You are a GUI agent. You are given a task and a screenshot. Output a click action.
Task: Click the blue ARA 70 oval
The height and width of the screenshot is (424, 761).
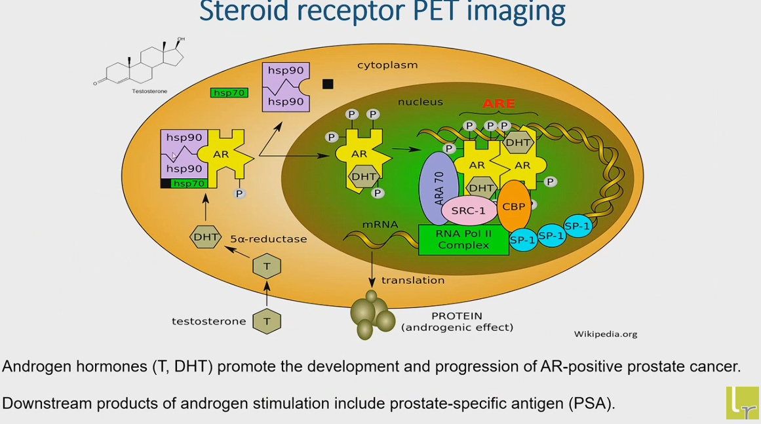tap(439, 188)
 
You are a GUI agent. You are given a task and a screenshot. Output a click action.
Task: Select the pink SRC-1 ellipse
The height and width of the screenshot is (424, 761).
tap(469, 210)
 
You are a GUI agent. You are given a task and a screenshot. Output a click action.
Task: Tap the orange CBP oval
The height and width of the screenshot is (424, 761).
tap(514, 206)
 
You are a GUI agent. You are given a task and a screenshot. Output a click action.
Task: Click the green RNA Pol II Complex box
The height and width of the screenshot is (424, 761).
tap(463, 239)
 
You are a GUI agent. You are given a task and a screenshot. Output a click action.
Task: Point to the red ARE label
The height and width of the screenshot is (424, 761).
tap(499, 104)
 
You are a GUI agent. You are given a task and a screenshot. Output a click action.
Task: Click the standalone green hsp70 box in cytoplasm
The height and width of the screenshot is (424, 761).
tap(229, 92)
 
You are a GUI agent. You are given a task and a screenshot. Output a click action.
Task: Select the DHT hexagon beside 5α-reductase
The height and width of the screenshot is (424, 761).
tap(205, 237)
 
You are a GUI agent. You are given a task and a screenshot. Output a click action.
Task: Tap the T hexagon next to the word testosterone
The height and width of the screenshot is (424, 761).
tap(267, 321)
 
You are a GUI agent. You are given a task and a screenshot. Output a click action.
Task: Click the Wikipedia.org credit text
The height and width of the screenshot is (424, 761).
tap(606, 334)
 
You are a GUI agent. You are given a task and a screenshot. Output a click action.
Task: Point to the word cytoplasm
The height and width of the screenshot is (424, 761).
tap(387, 65)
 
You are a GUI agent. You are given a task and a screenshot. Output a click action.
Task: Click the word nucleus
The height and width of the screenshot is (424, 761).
tap(420, 102)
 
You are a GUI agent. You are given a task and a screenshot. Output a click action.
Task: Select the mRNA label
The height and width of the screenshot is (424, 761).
tap(380, 225)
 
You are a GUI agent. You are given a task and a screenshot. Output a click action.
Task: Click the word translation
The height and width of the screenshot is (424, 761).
tap(412, 280)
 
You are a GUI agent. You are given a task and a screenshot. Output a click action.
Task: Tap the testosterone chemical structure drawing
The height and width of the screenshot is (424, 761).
tap(140, 63)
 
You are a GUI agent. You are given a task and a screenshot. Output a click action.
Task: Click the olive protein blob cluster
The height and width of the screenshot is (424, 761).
tap(372, 315)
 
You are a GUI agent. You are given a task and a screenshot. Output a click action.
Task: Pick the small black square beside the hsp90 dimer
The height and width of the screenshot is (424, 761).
tap(328, 84)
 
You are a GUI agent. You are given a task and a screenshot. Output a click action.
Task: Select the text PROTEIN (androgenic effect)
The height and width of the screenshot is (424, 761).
tap(457, 322)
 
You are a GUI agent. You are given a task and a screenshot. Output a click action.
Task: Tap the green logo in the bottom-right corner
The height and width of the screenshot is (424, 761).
tap(743, 402)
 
